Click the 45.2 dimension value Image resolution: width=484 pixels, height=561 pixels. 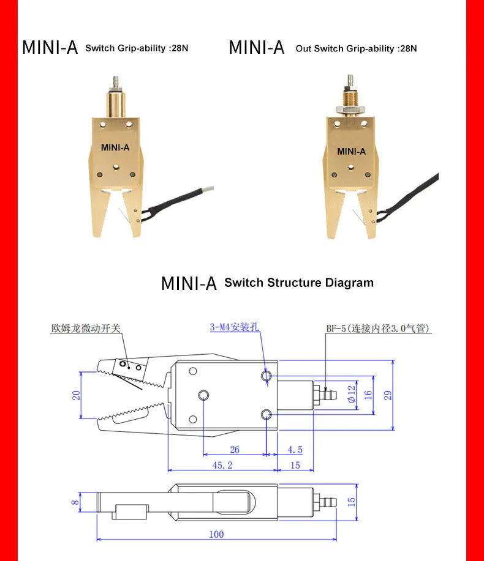[x=221, y=466]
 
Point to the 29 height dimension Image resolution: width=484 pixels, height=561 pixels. [x=388, y=395]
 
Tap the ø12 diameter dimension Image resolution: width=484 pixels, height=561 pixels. [x=351, y=395]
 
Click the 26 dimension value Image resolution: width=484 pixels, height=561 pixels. [x=235, y=450]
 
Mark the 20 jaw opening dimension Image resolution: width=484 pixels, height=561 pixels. [x=77, y=395]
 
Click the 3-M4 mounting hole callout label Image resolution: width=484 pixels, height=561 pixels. [x=235, y=327]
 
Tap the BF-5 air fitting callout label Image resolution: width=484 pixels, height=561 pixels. [x=378, y=329]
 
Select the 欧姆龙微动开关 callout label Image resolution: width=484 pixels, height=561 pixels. [x=86, y=329]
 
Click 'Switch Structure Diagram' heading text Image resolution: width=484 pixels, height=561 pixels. [x=298, y=283]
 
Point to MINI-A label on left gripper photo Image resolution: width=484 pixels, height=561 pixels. [x=115, y=147]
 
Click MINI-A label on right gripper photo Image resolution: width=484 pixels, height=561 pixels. [x=351, y=151]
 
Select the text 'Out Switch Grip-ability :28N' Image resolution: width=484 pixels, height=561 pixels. [x=356, y=48]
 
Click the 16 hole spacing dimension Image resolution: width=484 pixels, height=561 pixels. [x=368, y=395]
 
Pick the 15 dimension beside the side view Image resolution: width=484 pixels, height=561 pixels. [x=351, y=501]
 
